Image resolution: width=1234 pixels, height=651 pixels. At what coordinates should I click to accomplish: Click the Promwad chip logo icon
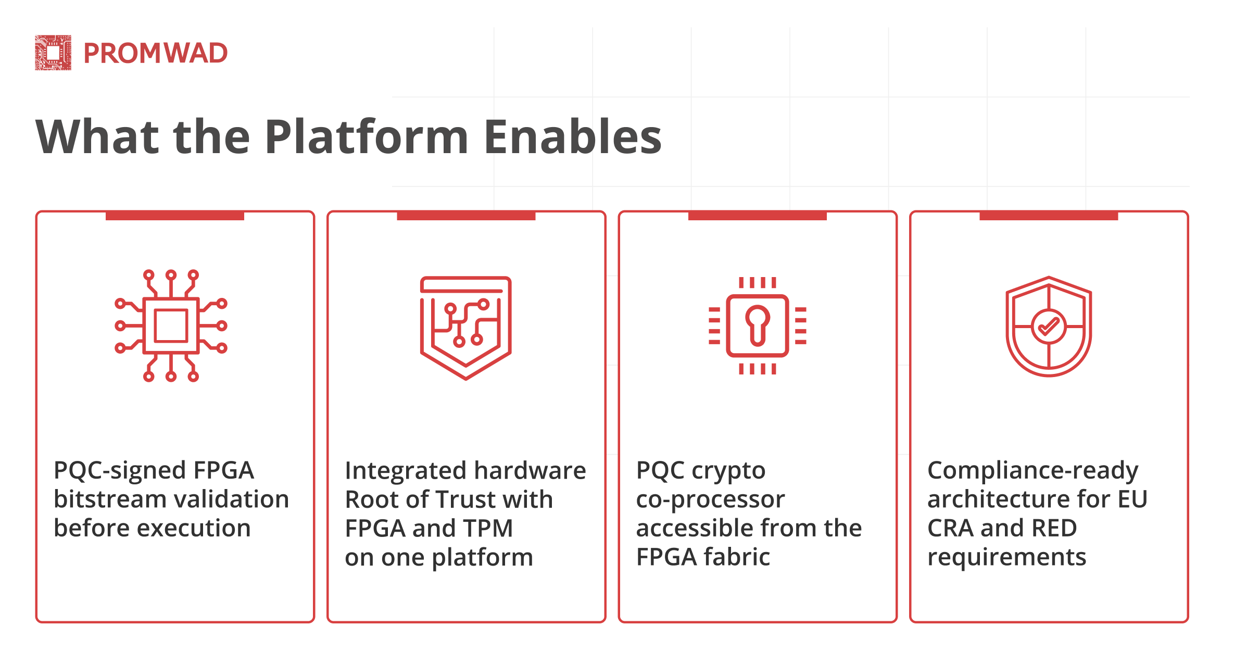point(53,53)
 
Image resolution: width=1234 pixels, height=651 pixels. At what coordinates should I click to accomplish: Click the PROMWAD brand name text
point(155,53)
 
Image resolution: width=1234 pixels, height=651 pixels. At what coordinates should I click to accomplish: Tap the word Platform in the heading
point(367,136)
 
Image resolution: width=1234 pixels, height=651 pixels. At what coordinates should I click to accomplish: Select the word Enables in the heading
point(573,136)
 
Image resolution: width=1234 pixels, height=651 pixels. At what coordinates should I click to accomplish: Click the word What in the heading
point(97,136)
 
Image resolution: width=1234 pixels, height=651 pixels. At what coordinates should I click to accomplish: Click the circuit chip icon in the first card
point(171,326)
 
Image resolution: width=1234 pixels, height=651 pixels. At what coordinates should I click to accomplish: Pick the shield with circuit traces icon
point(465,327)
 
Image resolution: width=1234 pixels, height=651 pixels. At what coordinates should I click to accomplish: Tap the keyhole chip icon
point(757,326)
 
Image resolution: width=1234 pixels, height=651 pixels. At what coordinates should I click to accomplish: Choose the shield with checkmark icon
point(1049,326)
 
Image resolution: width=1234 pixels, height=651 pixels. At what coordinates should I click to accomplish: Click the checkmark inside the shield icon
point(1049,327)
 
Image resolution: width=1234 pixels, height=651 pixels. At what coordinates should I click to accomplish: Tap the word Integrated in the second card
point(399,471)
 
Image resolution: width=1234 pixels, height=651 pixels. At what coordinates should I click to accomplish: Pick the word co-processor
point(710,500)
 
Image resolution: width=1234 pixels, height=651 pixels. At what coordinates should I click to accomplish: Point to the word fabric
point(736,557)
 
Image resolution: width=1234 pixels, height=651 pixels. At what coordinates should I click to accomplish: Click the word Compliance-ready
point(1032,471)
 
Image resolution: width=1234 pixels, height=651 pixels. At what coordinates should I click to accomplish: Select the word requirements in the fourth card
point(1006,558)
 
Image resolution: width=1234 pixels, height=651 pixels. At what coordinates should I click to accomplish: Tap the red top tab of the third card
point(757,216)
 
